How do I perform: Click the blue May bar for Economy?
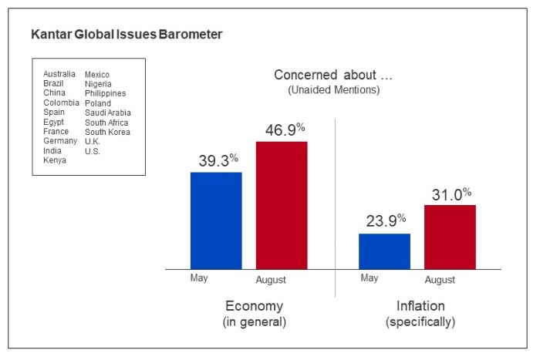coord(216,220)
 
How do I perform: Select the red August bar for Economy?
coord(282,205)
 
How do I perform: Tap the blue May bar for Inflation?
coord(384,251)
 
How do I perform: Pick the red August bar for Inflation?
coord(450,237)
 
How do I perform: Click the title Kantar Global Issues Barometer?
coord(127,35)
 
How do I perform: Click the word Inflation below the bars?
coord(420,306)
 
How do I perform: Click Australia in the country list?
coord(59,74)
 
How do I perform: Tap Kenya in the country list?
coord(55,160)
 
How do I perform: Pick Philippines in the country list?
coord(105,93)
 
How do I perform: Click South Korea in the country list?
coord(107,132)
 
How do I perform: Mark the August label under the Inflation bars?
coord(439,279)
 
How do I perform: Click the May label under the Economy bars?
coord(198,278)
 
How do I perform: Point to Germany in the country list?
coord(60,141)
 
